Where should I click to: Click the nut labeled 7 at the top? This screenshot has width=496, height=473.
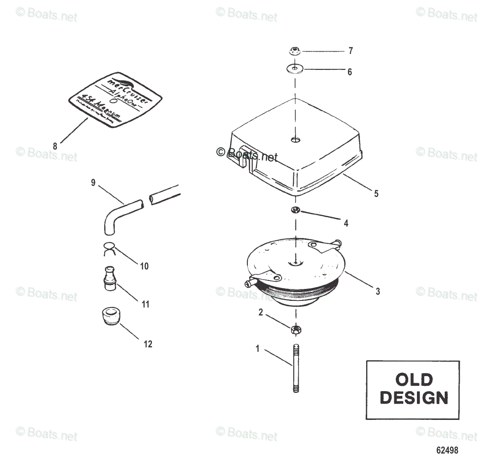(295, 51)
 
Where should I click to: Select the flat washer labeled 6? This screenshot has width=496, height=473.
(295, 69)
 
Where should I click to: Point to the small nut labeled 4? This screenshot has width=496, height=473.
(295, 209)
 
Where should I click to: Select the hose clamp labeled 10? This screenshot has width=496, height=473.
(109, 248)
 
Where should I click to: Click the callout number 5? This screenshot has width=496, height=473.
(376, 193)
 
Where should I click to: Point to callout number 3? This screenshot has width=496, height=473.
(378, 291)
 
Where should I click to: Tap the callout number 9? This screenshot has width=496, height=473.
(93, 182)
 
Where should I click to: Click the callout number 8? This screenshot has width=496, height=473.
(55, 146)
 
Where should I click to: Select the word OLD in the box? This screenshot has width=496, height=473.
(413, 380)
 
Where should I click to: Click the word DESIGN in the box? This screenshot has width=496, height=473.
(413, 397)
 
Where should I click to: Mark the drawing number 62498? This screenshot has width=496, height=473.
(447, 450)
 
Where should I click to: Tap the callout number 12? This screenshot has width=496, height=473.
(148, 344)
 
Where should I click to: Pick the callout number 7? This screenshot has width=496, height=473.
(351, 51)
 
